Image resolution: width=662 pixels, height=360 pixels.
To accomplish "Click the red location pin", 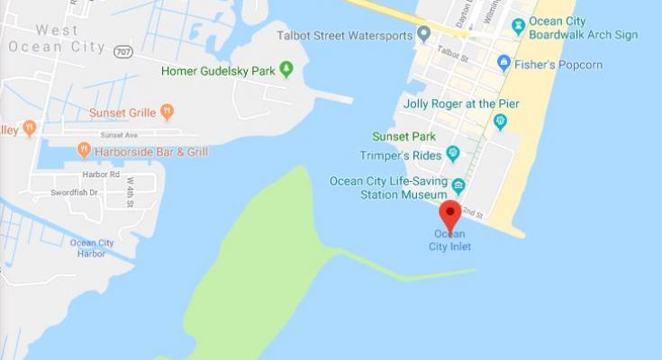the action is [449, 215].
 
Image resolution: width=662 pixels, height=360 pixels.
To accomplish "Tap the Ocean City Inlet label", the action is [449, 240].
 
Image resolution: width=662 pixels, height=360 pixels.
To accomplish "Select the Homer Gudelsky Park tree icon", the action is [286, 68].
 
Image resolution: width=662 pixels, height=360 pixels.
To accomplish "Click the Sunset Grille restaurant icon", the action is [167, 112].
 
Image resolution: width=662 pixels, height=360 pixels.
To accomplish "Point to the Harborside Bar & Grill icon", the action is [84, 149].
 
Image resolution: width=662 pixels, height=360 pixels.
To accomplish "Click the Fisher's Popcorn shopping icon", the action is [504, 63].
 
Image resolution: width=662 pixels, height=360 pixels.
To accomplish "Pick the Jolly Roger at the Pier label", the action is [461, 103].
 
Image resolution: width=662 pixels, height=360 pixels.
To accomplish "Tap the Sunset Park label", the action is [404, 137].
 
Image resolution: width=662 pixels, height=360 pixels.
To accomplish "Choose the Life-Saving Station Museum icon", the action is [459, 185].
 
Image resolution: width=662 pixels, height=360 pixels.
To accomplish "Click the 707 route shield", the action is [124, 52].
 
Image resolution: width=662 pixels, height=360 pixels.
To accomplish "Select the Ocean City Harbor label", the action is [92, 247].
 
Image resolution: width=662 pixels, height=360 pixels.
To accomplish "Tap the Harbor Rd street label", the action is [101, 174].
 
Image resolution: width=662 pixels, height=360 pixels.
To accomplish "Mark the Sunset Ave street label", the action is [119, 133].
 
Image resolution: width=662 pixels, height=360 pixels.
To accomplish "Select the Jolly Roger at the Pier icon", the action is [500, 121].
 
